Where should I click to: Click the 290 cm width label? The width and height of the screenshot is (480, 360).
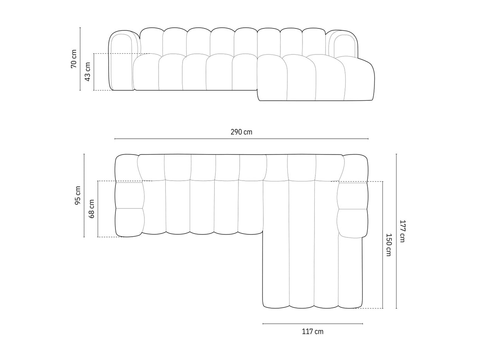[x=241, y=132]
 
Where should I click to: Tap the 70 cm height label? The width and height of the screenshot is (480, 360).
[x=74, y=59]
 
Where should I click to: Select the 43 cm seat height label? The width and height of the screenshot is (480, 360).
[x=87, y=72]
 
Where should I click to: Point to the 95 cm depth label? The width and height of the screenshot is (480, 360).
[x=77, y=196]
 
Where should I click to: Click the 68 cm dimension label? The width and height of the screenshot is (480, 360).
[x=91, y=209]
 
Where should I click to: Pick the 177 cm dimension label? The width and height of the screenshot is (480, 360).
[x=402, y=231]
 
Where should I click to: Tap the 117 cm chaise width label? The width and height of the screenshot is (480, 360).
[x=313, y=332]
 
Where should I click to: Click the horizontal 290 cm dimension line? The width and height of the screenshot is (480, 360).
[x=241, y=139]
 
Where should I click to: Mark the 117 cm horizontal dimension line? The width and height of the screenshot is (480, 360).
[x=313, y=324]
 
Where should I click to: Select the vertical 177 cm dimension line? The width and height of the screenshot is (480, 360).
[x=396, y=231]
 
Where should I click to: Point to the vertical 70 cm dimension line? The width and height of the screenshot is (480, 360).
[x=80, y=59]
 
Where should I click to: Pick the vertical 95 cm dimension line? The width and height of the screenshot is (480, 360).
[x=84, y=196]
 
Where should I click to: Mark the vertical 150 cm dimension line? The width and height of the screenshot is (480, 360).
[x=382, y=245]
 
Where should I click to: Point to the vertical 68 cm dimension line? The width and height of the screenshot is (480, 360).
[x=98, y=209]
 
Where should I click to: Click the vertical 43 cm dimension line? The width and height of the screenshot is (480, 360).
[x=94, y=72]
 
